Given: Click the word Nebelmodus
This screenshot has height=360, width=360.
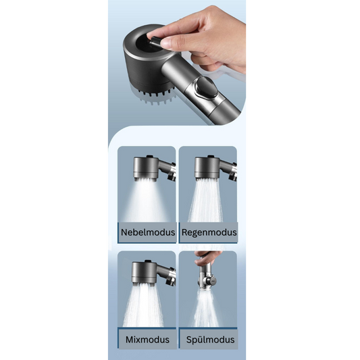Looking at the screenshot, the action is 148,232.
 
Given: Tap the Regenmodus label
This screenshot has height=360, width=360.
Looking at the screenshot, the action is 209,232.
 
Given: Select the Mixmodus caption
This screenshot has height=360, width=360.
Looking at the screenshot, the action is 147,340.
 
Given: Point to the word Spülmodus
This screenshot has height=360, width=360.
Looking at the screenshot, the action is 210,340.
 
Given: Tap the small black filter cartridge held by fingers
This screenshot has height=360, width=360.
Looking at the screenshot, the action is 154,42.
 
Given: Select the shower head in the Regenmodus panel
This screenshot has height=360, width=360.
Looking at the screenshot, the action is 207,167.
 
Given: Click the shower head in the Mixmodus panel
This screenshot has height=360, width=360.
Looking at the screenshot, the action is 144,273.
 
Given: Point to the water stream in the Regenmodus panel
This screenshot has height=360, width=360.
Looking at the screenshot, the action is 206,200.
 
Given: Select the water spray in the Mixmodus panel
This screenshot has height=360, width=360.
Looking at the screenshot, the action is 143,305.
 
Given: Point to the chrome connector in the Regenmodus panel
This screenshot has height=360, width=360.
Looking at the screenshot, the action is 233,172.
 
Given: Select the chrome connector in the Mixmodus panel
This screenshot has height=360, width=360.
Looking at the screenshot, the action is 171,276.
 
